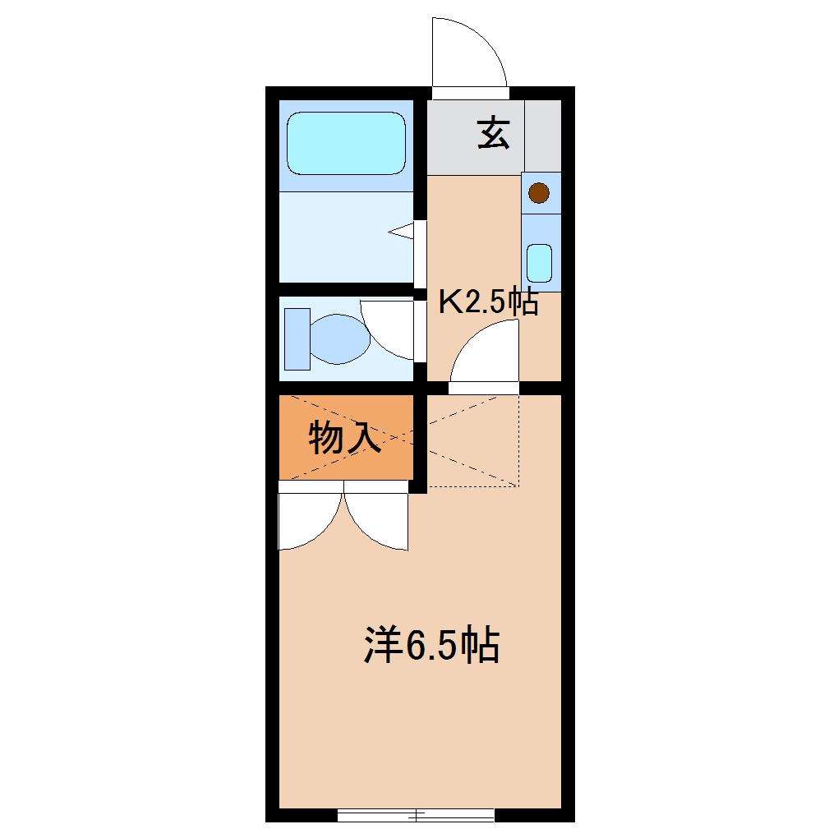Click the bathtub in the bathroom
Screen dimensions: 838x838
[346, 143]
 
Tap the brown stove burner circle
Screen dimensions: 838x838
[539, 193]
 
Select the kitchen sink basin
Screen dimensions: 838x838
[540, 263]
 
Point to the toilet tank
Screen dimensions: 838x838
[297, 338]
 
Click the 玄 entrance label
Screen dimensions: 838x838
[494, 134]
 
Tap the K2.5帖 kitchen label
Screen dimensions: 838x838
[488, 302]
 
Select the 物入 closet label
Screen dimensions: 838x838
[344, 439]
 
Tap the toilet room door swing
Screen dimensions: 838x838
[389, 329]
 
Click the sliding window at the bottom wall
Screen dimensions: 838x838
[416, 815]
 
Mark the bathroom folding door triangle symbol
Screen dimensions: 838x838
[402, 233]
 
